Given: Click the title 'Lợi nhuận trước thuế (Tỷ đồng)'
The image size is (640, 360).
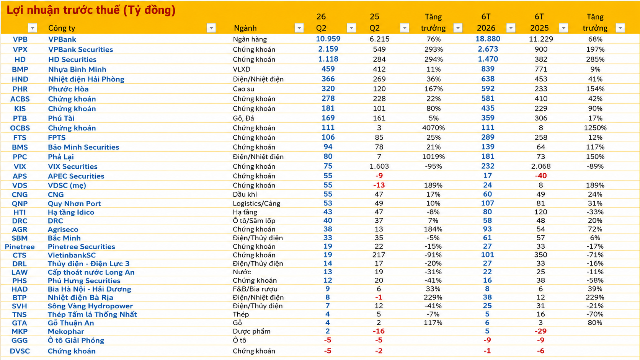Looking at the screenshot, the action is point(91,10).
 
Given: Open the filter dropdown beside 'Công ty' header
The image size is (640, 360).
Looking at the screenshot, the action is point(211,28).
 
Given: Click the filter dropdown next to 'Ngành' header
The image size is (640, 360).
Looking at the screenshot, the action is point(299,28).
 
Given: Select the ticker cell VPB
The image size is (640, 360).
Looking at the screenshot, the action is point(20,39).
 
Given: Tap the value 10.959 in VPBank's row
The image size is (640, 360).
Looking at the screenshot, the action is point(328,39).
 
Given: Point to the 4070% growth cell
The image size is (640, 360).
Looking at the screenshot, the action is point(433,128).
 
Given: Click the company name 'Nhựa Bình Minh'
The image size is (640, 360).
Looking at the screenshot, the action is point(77,69).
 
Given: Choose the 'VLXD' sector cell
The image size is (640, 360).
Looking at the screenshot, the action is point(242,69).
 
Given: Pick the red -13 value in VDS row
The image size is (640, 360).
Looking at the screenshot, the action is point(379,185).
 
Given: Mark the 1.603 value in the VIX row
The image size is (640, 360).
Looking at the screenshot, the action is point(379,166).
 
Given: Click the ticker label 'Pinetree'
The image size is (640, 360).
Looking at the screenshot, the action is point(20,247).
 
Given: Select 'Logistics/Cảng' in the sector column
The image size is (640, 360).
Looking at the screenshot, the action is point(256,204).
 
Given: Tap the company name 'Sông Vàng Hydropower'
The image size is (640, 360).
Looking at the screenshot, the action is point(90,306).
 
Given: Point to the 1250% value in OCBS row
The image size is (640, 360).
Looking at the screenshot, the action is point(595,128).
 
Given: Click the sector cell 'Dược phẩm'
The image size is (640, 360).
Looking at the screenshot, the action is point(252,331).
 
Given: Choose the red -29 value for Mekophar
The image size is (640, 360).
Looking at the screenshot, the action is point(540,331).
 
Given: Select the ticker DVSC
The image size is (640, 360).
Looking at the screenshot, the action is point(20,351).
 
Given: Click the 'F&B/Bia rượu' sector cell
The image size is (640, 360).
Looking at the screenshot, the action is point(255,289).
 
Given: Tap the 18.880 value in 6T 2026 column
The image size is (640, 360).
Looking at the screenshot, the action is point(488,39).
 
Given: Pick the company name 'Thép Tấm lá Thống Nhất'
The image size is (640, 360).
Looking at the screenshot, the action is point(92,314).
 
